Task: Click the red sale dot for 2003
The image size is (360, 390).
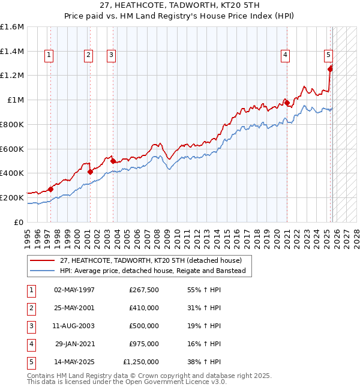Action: coord(112,161)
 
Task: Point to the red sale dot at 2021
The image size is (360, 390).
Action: coord(287,103)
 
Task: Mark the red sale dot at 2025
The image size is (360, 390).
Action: coord(330,68)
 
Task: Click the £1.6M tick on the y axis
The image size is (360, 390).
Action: coord(12,27)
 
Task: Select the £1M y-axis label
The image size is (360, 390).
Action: coord(15,100)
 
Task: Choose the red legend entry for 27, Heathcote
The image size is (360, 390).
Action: coord(150,260)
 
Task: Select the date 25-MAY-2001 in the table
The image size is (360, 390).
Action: coord(74,308)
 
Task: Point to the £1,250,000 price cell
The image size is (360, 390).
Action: coord(141,362)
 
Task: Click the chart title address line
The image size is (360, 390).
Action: coord(180,6)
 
